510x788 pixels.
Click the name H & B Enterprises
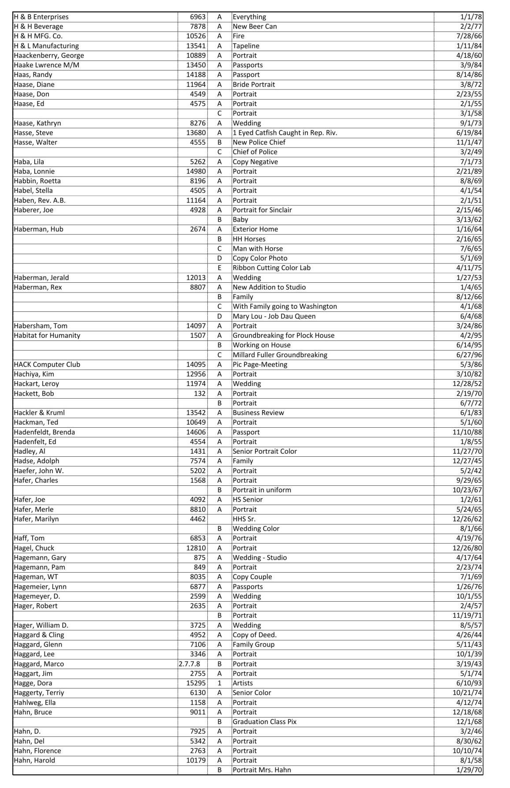click(x=41, y=17)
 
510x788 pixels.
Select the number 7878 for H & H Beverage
click(x=198, y=26)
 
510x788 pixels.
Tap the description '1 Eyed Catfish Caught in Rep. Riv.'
click(x=285, y=133)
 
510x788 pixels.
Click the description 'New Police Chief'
click(x=259, y=142)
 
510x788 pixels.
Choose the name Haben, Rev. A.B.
click(x=40, y=200)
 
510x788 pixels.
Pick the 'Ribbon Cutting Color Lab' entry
click(x=272, y=268)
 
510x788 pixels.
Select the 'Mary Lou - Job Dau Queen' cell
click(x=274, y=316)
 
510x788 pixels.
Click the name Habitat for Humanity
click(x=47, y=336)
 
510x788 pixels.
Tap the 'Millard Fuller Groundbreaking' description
click(x=280, y=355)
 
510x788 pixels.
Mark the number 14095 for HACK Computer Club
click(x=196, y=365)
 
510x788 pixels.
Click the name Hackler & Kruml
click(x=39, y=413)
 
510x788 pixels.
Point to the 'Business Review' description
click(x=258, y=413)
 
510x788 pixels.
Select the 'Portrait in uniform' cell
click(x=262, y=490)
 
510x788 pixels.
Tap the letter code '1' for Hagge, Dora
click(x=219, y=683)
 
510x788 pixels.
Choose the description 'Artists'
click(x=243, y=683)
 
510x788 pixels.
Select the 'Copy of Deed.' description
click(x=255, y=635)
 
